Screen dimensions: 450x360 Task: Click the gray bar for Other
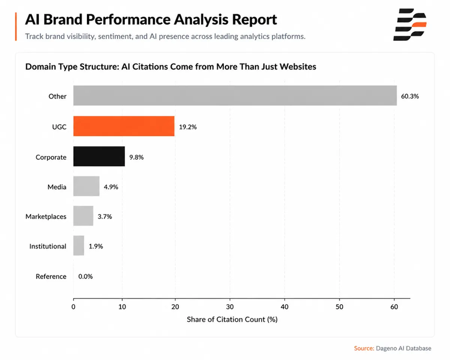point(235,95)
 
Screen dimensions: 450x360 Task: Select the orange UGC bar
point(124,126)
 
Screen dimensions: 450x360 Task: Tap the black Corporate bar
point(99,157)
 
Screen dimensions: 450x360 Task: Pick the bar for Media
point(86,187)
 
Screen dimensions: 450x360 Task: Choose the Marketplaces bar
point(83,216)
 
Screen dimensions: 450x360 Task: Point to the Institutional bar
point(79,246)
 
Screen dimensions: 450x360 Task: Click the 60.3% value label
point(410,96)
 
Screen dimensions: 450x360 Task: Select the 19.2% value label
point(188,127)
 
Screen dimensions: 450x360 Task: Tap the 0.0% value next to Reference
point(86,277)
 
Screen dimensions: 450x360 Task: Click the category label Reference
point(51,277)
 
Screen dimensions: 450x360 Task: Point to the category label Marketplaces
point(46,217)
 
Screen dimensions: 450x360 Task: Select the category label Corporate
point(51,157)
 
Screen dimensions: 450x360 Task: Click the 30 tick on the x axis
point(230,307)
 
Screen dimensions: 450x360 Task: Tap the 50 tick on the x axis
point(340,307)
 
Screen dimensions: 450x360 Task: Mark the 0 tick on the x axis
point(73,307)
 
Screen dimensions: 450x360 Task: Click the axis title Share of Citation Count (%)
point(232,320)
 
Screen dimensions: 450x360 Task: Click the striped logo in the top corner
point(410,25)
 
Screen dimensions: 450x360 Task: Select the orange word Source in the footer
point(364,348)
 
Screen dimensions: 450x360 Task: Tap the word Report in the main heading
point(254,20)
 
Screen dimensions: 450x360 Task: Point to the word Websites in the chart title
point(298,67)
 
